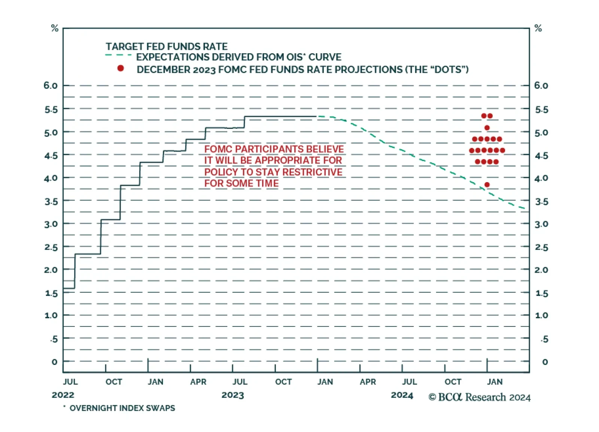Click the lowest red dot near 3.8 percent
tap(487, 185)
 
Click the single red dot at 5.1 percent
tap(487, 128)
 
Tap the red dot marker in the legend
tap(121, 68)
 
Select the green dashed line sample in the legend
tap(118, 55)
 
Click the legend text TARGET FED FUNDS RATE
tap(167, 46)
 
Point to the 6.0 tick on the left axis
tap(51, 85)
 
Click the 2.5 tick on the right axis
tap(541, 247)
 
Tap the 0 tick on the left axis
tap(55, 362)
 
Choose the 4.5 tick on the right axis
tap(541, 155)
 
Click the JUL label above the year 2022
tap(70, 382)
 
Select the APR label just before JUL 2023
tap(198, 382)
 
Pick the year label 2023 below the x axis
tap(232, 395)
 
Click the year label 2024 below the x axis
tap(402, 395)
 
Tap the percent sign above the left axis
tap(55, 28)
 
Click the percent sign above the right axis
tap(538, 28)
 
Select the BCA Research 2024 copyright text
tap(480, 397)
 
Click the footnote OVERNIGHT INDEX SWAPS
tap(122, 408)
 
